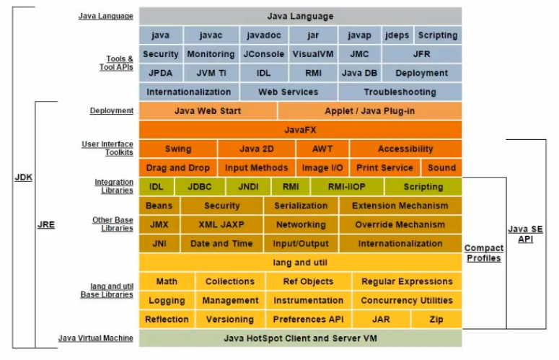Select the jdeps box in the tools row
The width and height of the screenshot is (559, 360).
[x=397, y=35]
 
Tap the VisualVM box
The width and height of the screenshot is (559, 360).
[x=310, y=54]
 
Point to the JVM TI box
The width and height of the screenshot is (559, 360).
[x=211, y=73]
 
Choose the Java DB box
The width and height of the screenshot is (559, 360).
[x=359, y=73]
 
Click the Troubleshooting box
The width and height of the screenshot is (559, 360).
[x=400, y=92]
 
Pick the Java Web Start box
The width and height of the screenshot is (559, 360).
[x=208, y=110]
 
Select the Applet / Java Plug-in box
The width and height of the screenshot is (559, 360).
[x=369, y=110]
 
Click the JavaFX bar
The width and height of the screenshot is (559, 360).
[x=300, y=130]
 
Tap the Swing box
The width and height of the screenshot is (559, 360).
[x=178, y=149]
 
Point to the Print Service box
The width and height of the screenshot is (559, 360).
[x=384, y=167]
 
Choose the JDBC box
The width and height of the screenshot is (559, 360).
[x=200, y=186]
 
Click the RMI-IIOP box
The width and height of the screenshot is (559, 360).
[x=346, y=186]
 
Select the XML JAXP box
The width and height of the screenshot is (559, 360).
[x=221, y=224]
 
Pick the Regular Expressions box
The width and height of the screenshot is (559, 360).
[x=407, y=281]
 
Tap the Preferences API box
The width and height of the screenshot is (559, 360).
[x=308, y=319]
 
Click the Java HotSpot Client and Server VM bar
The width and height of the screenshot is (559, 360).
[x=300, y=338]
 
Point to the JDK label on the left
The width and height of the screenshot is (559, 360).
[x=23, y=177]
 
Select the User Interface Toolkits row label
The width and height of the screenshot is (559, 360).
[x=107, y=149]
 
